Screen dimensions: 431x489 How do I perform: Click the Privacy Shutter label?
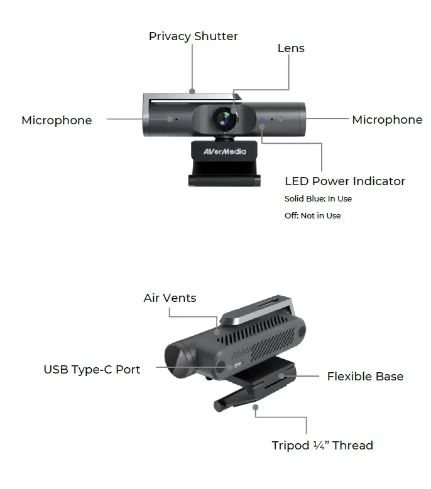(193, 36)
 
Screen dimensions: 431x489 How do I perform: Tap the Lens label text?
(291, 48)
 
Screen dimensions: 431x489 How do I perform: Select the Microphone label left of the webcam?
(57, 120)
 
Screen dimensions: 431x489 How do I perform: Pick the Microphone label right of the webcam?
(387, 119)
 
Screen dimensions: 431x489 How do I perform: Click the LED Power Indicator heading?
(345, 181)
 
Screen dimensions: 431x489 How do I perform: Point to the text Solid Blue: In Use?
(318, 199)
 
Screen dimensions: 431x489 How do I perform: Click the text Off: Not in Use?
(312, 216)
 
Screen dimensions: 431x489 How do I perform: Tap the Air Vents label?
(170, 298)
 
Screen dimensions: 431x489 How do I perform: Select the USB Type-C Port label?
(92, 369)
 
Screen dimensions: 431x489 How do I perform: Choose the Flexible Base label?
(365, 377)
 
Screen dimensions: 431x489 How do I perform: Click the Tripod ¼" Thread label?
(322, 446)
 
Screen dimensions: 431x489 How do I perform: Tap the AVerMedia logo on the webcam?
(224, 151)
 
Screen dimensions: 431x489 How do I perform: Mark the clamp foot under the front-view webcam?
(224, 180)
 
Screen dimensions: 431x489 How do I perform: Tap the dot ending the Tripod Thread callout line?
(256, 407)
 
